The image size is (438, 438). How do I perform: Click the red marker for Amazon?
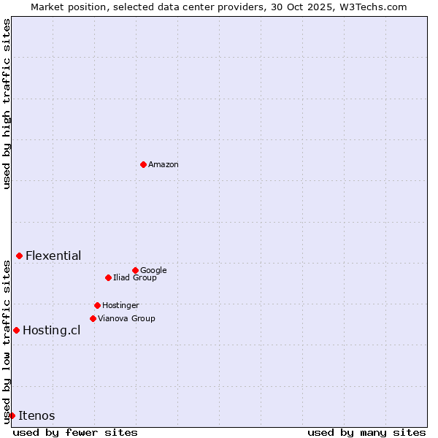(143, 164)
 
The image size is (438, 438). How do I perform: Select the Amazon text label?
(164, 165)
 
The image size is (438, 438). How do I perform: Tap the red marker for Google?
(135, 270)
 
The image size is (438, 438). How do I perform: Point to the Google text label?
(153, 271)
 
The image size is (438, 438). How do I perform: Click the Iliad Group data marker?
(108, 277)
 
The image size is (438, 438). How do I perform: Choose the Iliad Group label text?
(135, 278)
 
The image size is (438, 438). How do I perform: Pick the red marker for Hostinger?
(97, 305)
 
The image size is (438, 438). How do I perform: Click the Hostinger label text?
(120, 306)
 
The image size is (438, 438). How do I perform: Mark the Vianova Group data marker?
(93, 318)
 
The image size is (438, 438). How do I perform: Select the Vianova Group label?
(126, 319)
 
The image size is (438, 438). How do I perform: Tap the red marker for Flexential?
(19, 255)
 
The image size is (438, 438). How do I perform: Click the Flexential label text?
(53, 256)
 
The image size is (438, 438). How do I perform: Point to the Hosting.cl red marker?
(16, 330)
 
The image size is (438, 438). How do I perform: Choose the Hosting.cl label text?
(51, 331)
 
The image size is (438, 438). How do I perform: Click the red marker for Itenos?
(12, 415)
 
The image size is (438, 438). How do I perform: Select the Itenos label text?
(36, 416)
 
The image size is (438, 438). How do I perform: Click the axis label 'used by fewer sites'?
(75, 432)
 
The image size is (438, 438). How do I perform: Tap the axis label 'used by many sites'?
(366, 432)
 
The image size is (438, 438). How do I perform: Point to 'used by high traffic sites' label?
(7, 104)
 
